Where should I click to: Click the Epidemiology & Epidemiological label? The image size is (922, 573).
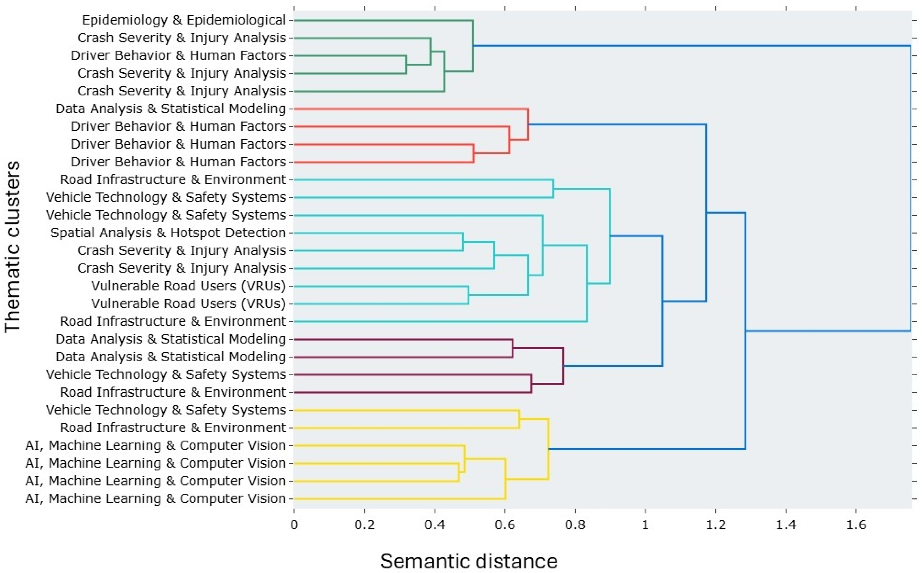coord(184,20)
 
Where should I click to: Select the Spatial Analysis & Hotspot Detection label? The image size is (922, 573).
coord(168,233)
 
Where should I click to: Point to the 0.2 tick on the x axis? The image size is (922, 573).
coord(365,525)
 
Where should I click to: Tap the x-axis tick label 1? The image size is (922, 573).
coord(645,525)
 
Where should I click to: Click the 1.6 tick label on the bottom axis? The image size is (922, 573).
coord(856,525)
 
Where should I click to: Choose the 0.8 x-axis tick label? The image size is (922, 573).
coord(575,525)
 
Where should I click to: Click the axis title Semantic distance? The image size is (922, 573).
coord(469,561)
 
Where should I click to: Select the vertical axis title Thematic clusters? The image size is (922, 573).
coord(13,247)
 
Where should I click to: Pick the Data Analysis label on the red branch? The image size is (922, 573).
coord(171,109)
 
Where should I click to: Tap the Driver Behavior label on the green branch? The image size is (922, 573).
coord(178,56)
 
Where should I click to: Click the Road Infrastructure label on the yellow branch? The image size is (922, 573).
coord(173,427)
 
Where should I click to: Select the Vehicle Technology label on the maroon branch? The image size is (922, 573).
coord(166,375)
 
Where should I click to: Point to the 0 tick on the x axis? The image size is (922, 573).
coord(294,525)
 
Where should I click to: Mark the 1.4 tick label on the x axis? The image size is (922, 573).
coord(786,525)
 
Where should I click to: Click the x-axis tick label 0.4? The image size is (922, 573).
coord(435,525)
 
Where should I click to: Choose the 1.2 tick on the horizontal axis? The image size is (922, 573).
coord(716,525)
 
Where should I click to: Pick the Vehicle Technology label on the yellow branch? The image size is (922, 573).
coord(166,410)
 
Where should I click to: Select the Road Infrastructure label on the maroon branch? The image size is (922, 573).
coord(173,392)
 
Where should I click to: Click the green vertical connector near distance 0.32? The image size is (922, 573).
coord(406,64)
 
